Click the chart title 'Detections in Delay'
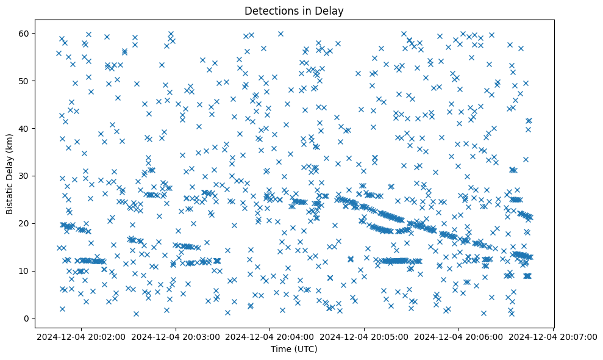(x=294, y=10)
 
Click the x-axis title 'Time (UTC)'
(x=294, y=350)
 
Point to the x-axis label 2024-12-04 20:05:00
(x=365, y=337)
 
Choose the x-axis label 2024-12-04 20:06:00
(x=459, y=337)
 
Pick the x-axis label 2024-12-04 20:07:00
(x=554, y=337)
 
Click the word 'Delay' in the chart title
(x=330, y=10)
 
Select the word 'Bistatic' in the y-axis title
(x=10, y=199)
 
